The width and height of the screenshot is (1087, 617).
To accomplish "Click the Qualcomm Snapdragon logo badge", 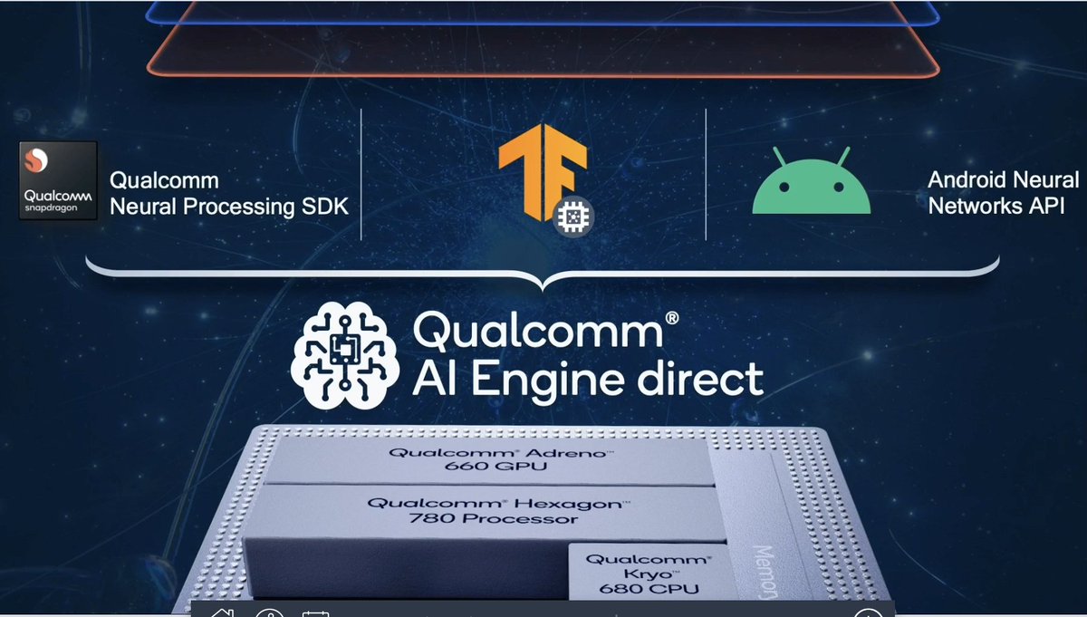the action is pyautogui.click(x=57, y=180).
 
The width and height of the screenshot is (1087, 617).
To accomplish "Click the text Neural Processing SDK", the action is pyautogui.click(x=228, y=207).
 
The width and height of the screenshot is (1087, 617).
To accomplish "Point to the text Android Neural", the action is pyautogui.click(x=1003, y=180).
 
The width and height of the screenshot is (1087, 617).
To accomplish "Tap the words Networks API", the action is pyautogui.click(x=996, y=206).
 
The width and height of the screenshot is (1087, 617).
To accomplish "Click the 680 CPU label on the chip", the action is pyautogui.click(x=637, y=588).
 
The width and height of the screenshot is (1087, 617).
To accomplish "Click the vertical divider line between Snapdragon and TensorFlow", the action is pyautogui.click(x=361, y=175).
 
